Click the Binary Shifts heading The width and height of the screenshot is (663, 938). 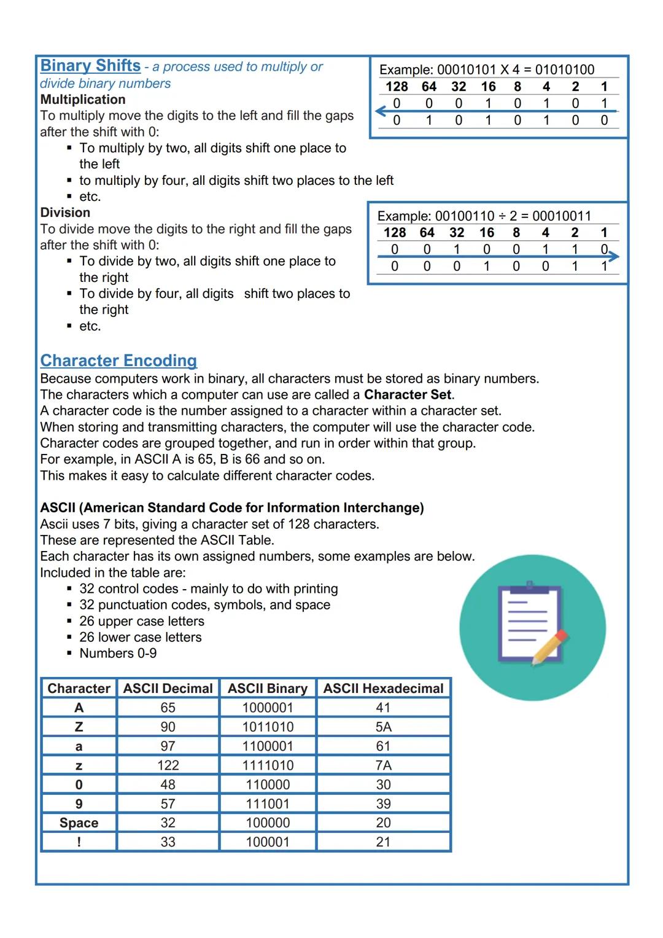(90, 66)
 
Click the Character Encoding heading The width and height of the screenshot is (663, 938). (118, 361)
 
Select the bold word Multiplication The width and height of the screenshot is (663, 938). (83, 100)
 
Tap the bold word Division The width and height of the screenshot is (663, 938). (65, 213)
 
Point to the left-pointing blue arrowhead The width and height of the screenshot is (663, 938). (381, 111)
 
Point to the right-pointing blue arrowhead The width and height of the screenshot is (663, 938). (613, 256)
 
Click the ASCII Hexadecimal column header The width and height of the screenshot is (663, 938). (383, 689)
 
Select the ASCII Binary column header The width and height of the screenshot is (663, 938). (267, 689)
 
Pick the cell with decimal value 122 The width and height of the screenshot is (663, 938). (168, 765)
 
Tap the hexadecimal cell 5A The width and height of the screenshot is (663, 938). (383, 727)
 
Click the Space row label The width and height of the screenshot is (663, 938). (79, 823)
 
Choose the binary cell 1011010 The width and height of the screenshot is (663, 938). (268, 727)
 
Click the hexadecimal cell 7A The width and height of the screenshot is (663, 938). (383, 765)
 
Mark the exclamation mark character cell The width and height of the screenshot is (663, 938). (79, 842)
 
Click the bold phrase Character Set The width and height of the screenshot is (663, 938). (408, 395)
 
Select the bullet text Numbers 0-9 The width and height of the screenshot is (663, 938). (118, 654)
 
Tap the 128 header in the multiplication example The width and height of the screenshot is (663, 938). (397, 87)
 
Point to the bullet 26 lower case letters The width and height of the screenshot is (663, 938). (140, 638)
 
